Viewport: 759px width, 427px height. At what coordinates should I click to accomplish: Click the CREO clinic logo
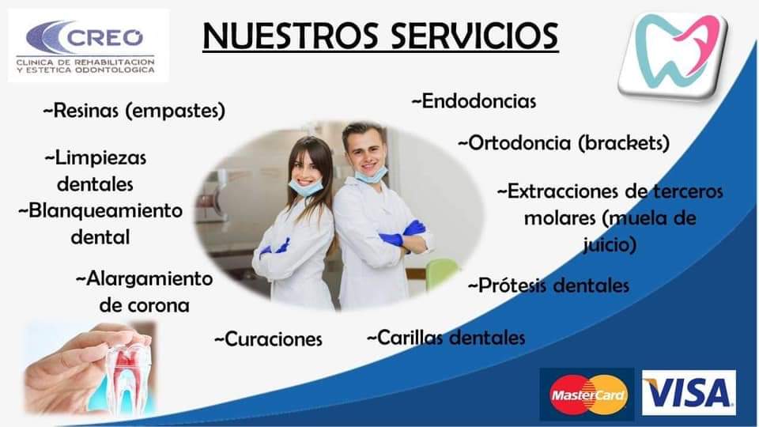[x=88, y=46]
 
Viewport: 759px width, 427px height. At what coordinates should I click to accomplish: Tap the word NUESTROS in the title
[x=290, y=36]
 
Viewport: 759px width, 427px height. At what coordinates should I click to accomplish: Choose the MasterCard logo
[x=587, y=395]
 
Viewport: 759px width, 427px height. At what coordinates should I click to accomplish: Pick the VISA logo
[x=689, y=393]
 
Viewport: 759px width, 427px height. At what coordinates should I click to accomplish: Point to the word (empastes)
[x=176, y=111]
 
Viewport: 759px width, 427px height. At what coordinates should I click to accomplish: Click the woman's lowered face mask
[x=306, y=187]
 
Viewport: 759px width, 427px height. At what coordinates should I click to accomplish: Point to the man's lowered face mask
[x=372, y=174]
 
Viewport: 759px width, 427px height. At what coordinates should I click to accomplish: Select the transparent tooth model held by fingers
[x=129, y=369]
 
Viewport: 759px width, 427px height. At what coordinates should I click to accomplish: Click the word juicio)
[x=610, y=244]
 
